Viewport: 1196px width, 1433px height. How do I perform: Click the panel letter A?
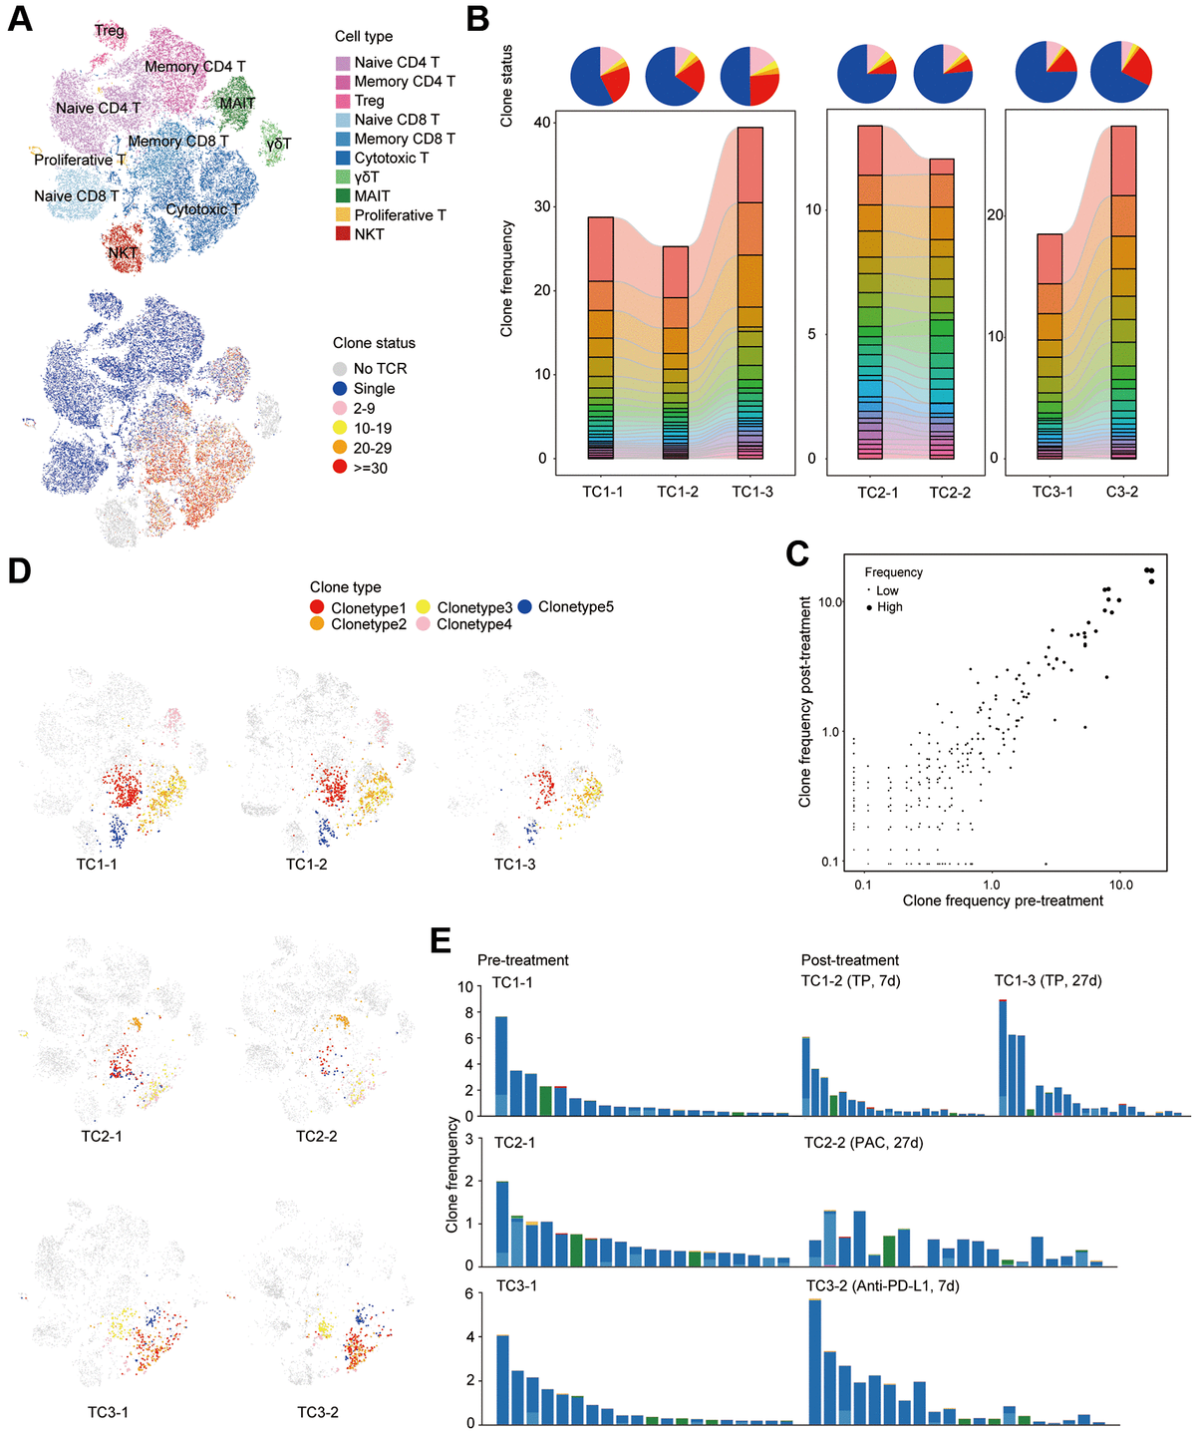[x=20, y=19]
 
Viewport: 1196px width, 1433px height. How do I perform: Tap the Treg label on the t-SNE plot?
[x=110, y=31]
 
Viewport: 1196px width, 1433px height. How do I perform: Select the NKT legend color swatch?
[x=343, y=234]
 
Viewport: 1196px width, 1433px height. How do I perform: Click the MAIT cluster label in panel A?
[x=237, y=103]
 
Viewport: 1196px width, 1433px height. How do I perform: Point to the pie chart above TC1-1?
[x=600, y=75]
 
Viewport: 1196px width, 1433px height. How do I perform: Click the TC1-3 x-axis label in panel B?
[x=751, y=492]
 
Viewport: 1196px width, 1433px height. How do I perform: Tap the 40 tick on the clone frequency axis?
[x=541, y=123]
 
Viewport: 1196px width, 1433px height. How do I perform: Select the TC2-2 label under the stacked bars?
[x=950, y=493]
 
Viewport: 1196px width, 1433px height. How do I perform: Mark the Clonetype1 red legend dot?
[x=317, y=607]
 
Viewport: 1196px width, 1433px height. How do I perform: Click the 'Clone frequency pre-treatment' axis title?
[x=1003, y=900]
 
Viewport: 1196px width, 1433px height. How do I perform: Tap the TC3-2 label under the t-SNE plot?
[x=317, y=1412]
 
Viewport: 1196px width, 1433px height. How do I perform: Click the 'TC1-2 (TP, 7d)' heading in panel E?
[x=850, y=980]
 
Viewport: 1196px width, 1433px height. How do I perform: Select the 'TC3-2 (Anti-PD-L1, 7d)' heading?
[x=882, y=1285]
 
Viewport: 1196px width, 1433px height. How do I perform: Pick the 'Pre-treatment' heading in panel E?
[x=522, y=959]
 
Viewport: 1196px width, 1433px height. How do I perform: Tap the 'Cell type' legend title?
[x=363, y=36]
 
